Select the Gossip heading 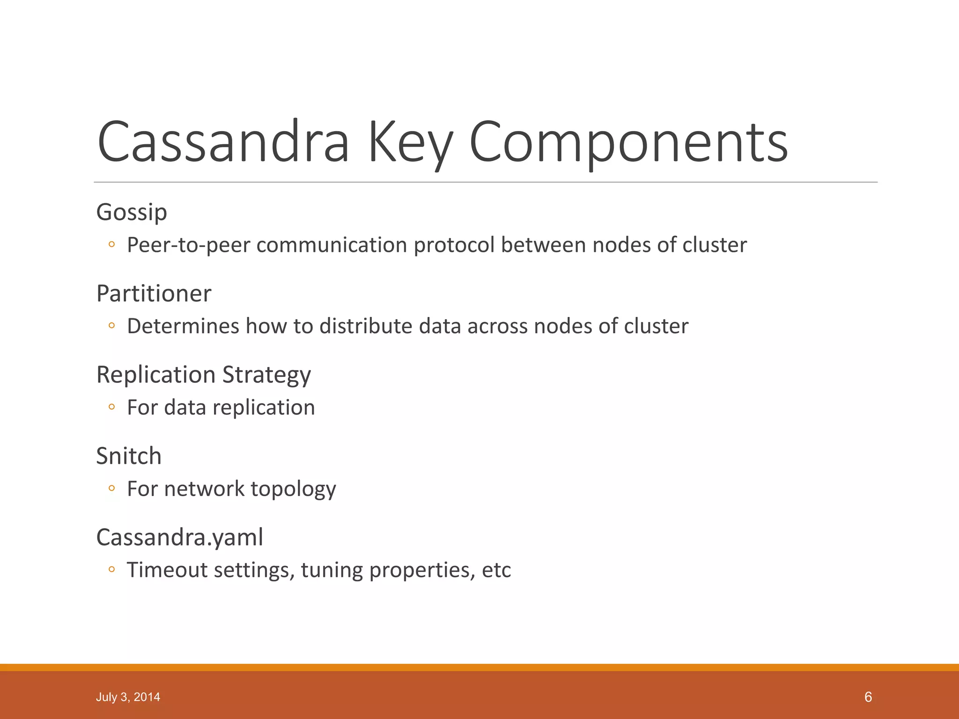[x=132, y=212]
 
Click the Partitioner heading [x=154, y=293]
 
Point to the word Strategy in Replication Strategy [x=266, y=375]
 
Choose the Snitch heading [x=129, y=456]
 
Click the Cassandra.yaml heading [x=179, y=537]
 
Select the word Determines [x=183, y=326]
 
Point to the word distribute [x=366, y=326]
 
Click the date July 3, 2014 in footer [x=128, y=697]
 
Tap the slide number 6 [x=868, y=697]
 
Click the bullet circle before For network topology [x=111, y=489]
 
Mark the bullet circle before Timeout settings [x=111, y=570]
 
